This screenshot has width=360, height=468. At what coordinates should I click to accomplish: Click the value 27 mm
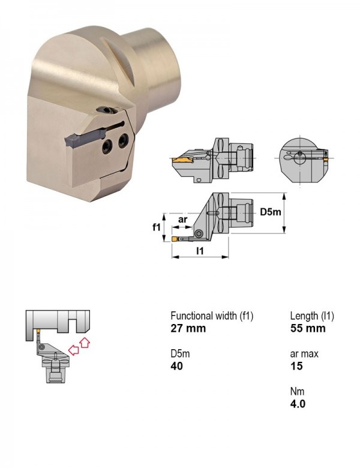click(188, 328)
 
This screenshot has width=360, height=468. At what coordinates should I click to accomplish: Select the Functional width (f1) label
click(212, 316)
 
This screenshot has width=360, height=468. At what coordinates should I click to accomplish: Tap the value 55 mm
click(308, 328)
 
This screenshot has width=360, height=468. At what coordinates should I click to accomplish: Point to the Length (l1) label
click(312, 316)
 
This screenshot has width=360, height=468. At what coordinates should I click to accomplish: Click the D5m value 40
click(177, 366)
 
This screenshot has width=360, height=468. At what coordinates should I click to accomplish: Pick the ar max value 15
click(296, 366)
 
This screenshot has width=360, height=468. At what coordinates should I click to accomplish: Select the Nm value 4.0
click(298, 404)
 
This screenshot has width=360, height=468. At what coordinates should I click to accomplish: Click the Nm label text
click(298, 391)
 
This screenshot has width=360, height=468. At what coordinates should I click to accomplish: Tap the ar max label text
click(304, 353)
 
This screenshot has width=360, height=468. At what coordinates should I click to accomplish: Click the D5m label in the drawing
click(271, 212)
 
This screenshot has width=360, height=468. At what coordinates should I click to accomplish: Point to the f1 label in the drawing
click(157, 227)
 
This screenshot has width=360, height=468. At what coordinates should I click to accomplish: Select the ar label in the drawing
click(182, 220)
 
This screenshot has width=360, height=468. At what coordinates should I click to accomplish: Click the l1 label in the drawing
click(200, 251)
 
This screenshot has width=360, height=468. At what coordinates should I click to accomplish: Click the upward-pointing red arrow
click(85, 343)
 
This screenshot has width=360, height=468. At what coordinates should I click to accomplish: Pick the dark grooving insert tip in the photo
click(71, 140)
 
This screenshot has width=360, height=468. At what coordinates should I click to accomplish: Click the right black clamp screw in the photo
click(123, 140)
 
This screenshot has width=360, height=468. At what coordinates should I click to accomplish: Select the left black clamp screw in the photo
click(107, 146)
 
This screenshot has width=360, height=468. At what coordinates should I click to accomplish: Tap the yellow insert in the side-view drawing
click(182, 161)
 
